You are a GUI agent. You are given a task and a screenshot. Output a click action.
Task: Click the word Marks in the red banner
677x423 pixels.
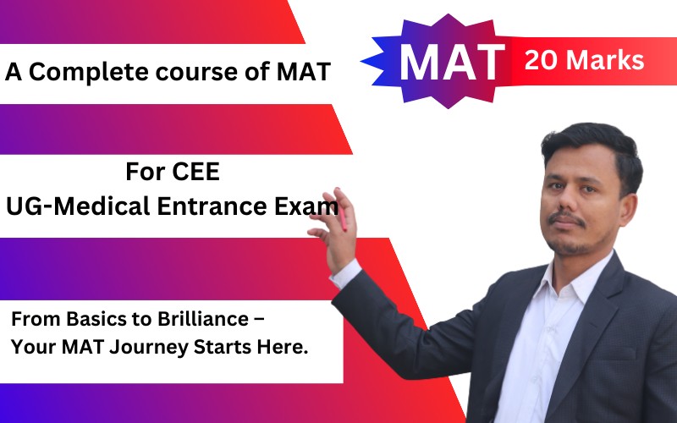(x=607, y=60)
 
